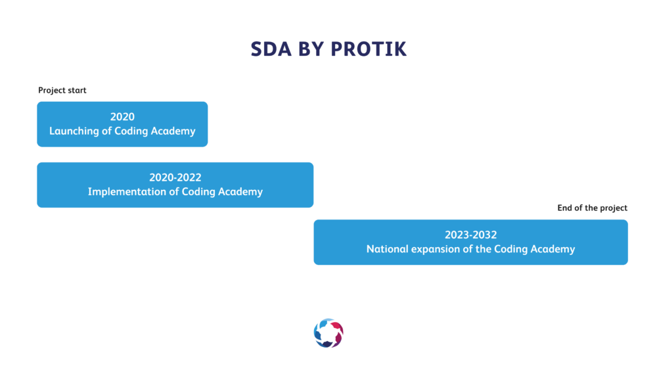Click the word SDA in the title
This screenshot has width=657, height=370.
tap(271, 49)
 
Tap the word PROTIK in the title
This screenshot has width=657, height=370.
tap(369, 49)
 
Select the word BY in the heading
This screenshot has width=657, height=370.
tap(311, 49)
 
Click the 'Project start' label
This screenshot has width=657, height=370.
tap(62, 90)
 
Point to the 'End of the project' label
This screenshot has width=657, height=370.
tap(592, 208)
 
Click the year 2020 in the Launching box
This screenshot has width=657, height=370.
tap(122, 116)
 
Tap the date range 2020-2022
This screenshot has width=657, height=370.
tap(175, 177)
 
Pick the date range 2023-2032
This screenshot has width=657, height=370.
tap(470, 235)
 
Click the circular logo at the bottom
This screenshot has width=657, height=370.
tap(328, 333)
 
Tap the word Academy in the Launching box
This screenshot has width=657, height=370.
tap(173, 131)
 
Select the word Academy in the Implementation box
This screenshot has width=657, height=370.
tap(240, 191)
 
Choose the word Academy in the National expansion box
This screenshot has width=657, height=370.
tap(553, 249)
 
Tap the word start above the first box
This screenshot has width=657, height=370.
tap(77, 91)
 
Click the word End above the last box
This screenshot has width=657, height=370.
tap(564, 208)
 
